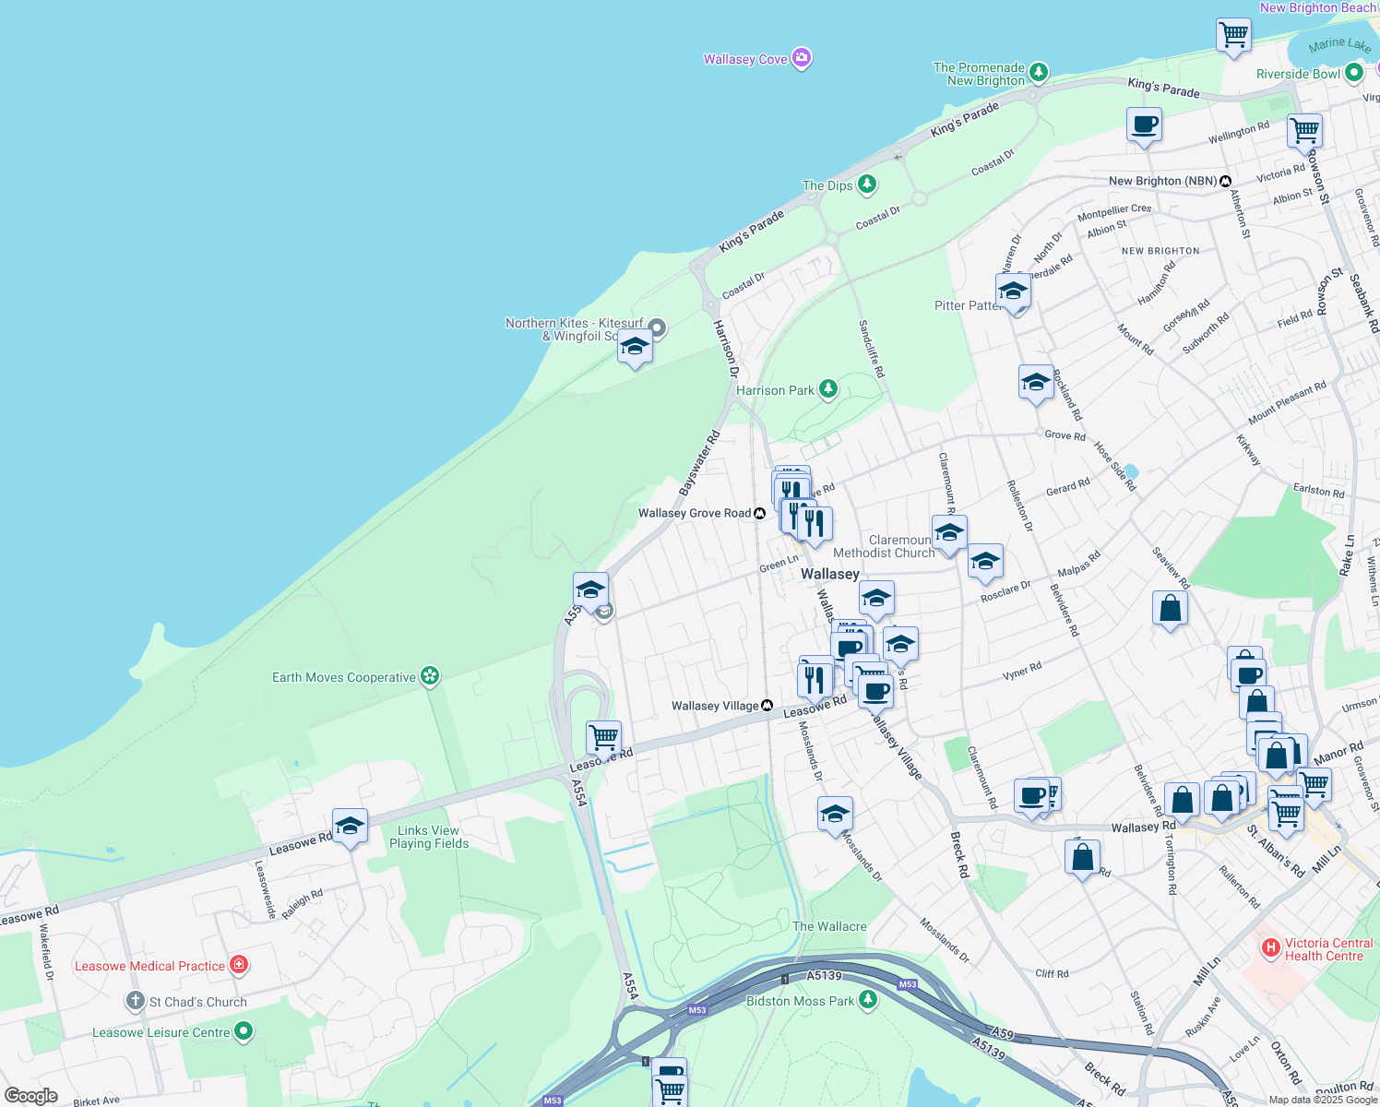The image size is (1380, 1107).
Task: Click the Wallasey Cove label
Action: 745,59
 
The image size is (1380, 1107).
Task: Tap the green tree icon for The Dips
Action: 867,184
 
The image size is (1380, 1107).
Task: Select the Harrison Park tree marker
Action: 828,389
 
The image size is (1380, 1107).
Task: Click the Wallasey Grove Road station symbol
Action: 759,513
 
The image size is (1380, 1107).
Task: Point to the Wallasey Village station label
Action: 714,706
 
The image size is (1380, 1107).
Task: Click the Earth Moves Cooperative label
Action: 343,677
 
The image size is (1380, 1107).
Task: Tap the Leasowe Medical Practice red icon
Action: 239,965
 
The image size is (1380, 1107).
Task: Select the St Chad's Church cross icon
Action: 136,1001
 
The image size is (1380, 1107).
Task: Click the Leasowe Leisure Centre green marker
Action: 244,1031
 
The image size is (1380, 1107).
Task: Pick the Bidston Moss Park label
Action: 800,1001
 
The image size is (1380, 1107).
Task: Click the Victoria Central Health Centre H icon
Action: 1270,947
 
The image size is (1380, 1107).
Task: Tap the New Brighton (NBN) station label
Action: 1162,181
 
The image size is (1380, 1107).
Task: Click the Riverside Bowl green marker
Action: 1354,72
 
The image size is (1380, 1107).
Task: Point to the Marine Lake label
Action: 1339,44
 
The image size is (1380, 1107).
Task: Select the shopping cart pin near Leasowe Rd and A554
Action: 603,737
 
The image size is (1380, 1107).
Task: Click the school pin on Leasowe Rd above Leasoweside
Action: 350,826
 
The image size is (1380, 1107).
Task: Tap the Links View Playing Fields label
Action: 428,837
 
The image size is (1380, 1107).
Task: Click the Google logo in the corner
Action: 30,1096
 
